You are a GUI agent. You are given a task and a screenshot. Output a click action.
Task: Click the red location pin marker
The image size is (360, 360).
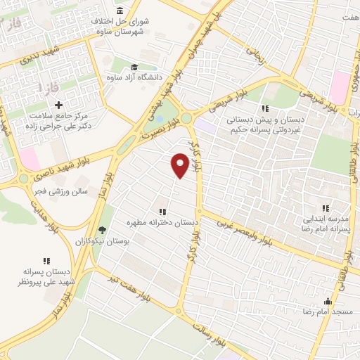180,164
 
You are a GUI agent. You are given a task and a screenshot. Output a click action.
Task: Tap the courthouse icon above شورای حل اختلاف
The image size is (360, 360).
120,11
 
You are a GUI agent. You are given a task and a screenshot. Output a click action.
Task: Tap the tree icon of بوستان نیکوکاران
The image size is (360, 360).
103,229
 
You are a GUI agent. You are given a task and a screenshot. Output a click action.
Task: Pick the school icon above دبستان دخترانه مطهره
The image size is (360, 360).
162,211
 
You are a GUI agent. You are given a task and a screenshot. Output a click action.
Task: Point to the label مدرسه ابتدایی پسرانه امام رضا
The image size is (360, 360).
326,224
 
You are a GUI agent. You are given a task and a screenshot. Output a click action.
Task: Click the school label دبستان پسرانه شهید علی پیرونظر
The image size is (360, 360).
45,276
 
